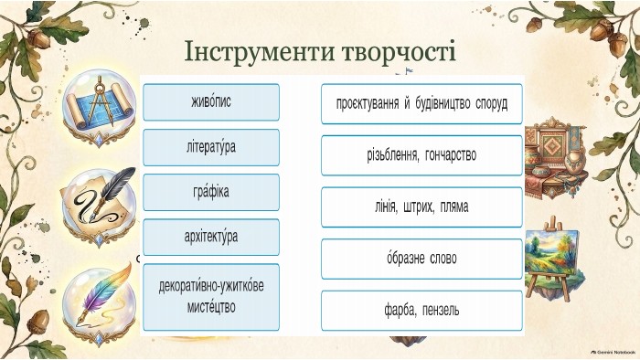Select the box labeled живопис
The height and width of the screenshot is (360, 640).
click(x=211, y=102)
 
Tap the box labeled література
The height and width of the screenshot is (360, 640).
click(x=211, y=148)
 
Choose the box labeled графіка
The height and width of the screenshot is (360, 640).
click(x=211, y=193)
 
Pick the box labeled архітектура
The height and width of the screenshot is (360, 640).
click(x=211, y=238)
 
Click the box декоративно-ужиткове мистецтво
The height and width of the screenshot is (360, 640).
click(x=211, y=297)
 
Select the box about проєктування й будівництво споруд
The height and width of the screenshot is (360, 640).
click(x=421, y=104)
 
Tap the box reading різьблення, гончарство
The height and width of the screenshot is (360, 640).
click(x=421, y=155)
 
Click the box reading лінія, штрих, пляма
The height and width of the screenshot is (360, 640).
click(x=421, y=207)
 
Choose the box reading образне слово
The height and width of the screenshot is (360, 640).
click(x=421, y=259)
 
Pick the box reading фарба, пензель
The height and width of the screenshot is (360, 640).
click(x=421, y=311)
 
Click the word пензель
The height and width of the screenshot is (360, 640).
click(x=441, y=311)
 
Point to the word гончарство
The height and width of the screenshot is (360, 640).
click(x=451, y=155)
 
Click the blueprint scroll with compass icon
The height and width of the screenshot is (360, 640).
click(x=99, y=108)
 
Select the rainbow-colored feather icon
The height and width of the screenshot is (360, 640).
click(x=100, y=303)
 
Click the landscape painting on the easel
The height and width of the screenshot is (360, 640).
click(x=552, y=259)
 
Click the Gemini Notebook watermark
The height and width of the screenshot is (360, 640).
click(x=613, y=352)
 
